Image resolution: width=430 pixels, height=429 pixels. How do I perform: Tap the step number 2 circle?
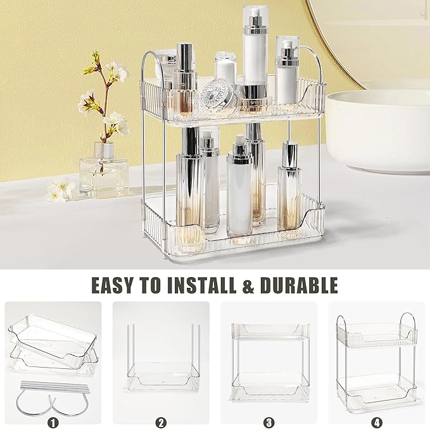pos(160,420)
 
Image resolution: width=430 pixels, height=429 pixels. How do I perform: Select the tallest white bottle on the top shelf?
pos(254,51)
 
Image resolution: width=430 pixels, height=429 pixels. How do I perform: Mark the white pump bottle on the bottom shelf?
pos(240,193)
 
